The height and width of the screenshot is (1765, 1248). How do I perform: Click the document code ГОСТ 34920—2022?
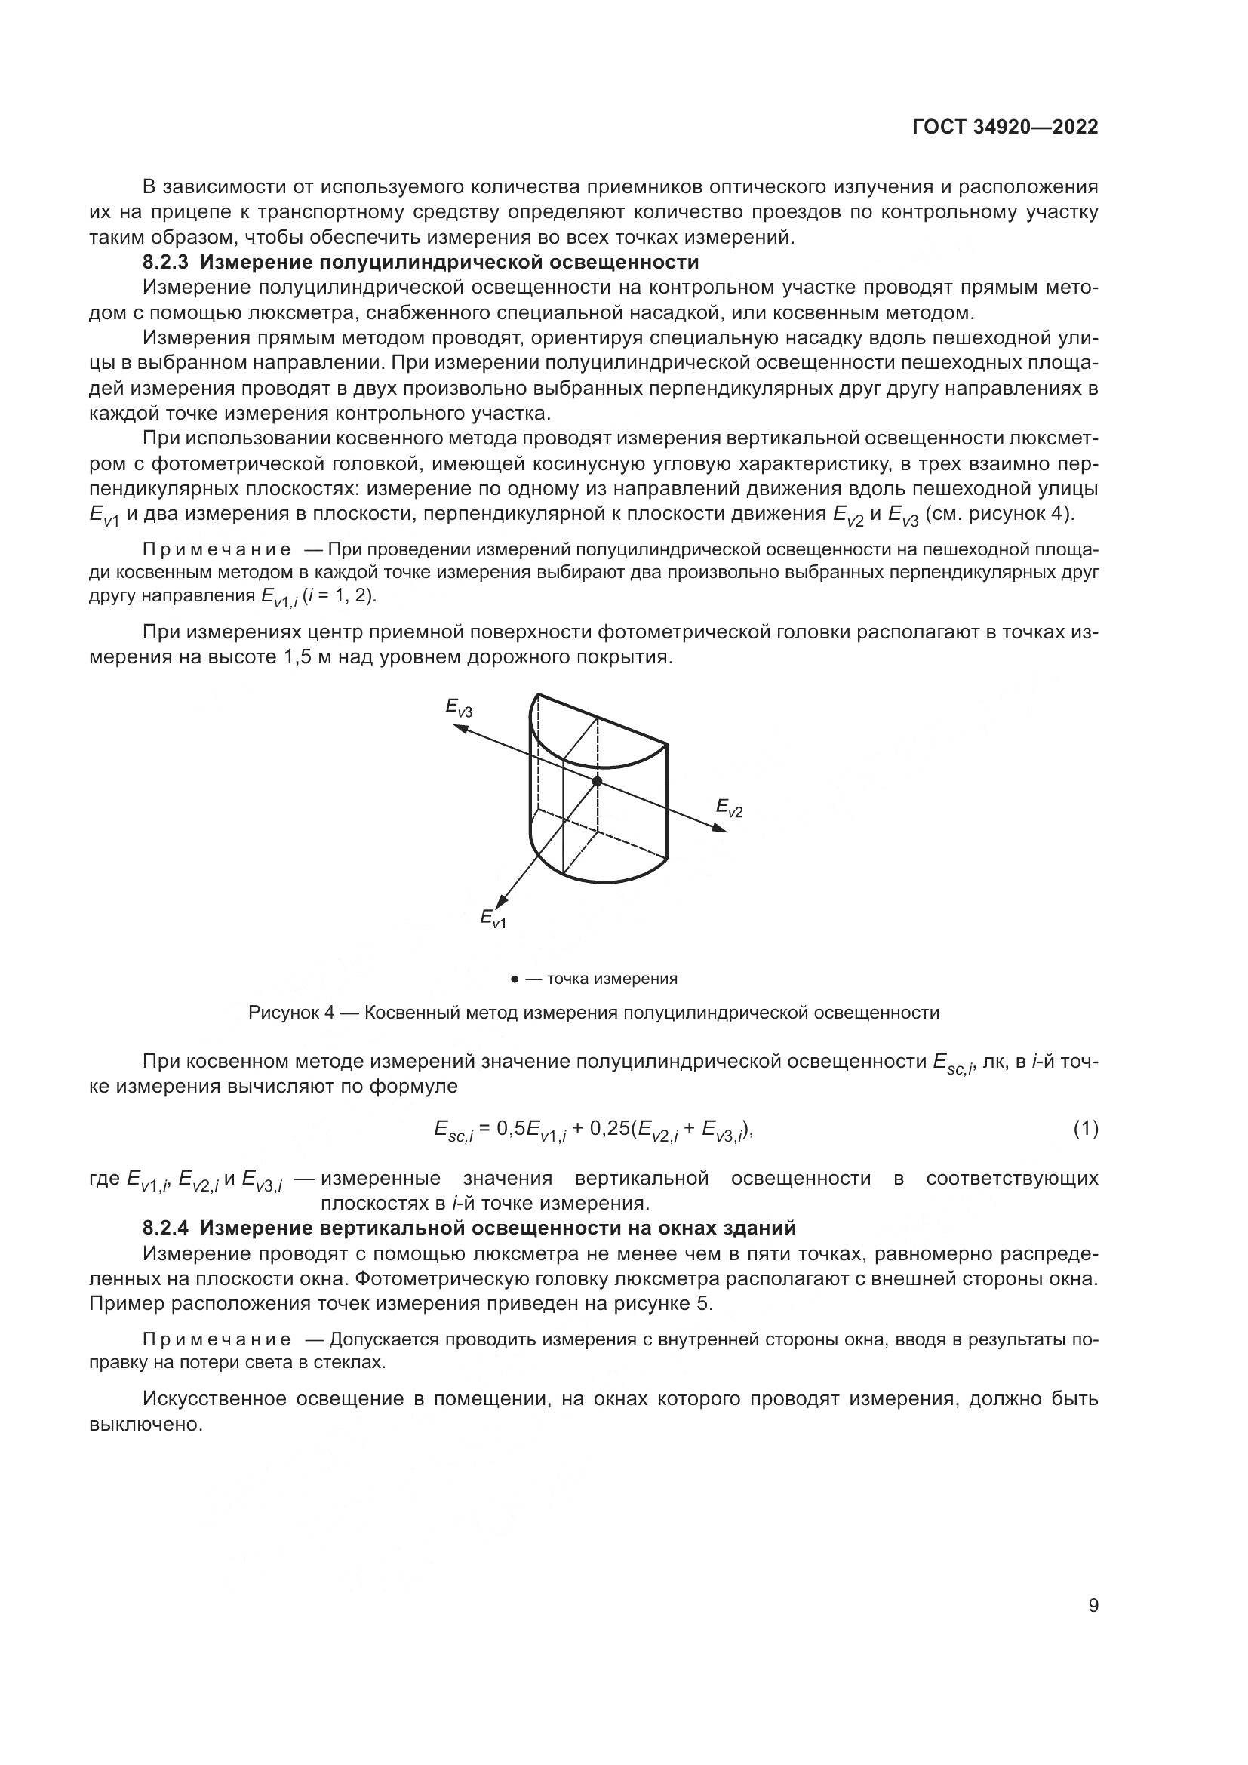pos(1005,128)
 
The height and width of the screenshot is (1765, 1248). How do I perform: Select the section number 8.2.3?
pos(165,262)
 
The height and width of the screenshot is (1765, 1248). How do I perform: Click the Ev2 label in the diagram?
pos(730,807)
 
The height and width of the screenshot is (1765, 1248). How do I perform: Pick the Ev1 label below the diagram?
pos(493,918)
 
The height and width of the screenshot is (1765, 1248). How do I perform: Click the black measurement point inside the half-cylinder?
pos(597,781)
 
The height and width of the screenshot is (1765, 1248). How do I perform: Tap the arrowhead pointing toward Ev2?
pos(719,828)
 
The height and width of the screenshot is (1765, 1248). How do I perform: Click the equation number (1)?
pos(1085,1128)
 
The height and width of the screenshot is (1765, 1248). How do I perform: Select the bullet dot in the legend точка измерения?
pos(514,979)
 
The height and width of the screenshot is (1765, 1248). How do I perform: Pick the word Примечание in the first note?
pos(217,549)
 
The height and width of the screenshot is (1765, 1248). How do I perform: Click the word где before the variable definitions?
pos(105,1179)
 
